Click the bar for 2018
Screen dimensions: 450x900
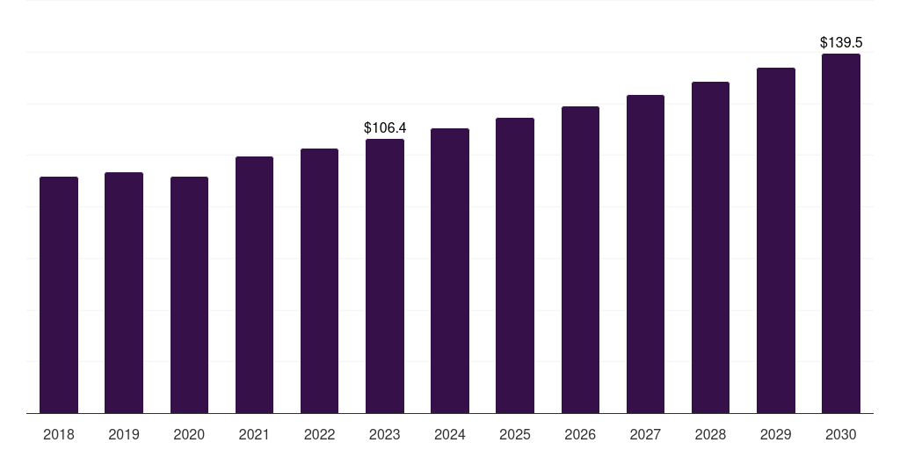[x=59, y=294]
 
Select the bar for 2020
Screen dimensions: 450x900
[x=189, y=294]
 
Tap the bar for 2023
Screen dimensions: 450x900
[x=385, y=276]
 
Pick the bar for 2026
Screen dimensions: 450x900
[x=580, y=259]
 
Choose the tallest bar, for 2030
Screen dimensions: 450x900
[x=841, y=233]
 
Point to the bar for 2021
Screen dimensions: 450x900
[x=254, y=285]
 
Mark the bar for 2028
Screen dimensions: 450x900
[x=710, y=247]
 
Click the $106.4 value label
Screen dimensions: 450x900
[x=385, y=128]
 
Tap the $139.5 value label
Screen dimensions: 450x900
[x=841, y=42]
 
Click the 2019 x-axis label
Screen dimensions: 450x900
[x=124, y=434]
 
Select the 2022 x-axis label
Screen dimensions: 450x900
[x=320, y=434]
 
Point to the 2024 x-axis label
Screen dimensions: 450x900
[x=450, y=434]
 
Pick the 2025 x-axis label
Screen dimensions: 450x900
[x=515, y=434]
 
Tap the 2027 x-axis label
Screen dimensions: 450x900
[x=645, y=434]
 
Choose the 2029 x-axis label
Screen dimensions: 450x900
[x=776, y=434]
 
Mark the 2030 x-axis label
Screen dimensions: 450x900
[x=841, y=434]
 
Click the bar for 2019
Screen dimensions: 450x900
[x=124, y=293]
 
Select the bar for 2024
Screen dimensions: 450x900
[x=450, y=271]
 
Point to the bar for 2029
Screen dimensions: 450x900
[x=776, y=240]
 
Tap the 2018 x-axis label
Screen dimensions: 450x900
[x=59, y=434]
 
